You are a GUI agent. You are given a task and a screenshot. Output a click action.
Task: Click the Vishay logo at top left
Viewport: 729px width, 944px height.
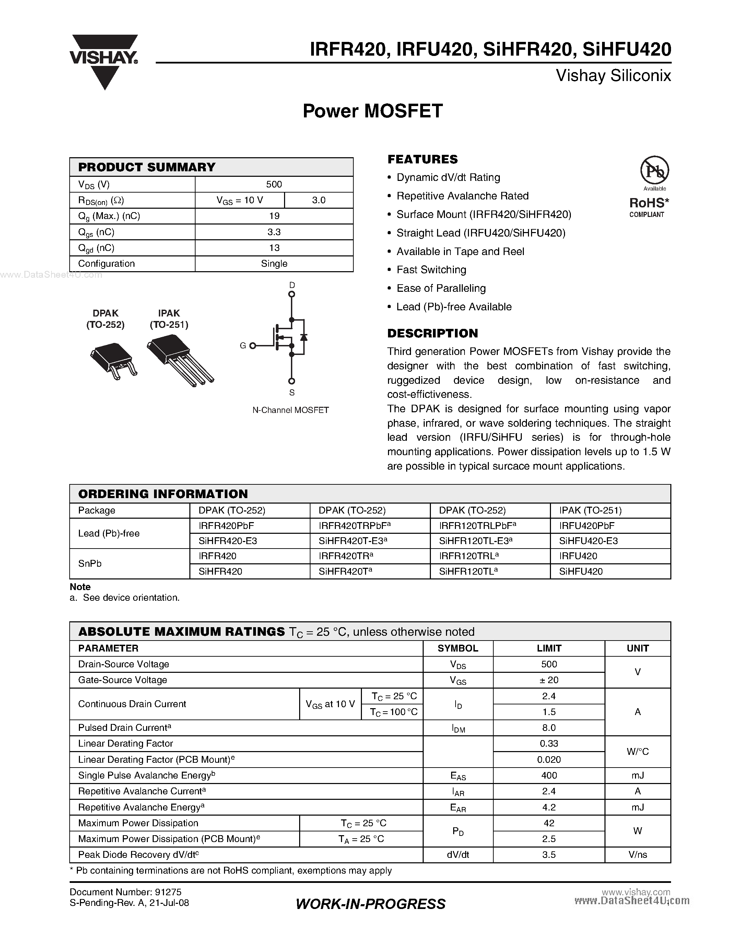(x=104, y=60)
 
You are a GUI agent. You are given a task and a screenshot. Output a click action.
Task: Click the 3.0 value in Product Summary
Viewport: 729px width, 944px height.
(x=319, y=200)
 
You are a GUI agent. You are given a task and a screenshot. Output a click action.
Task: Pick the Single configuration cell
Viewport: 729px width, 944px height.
(x=274, y=264)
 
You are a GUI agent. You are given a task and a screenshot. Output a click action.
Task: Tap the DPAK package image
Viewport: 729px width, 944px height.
(x=113, y=360)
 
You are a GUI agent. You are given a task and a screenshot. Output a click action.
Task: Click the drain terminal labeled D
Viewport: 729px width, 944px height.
(x=292, y=294)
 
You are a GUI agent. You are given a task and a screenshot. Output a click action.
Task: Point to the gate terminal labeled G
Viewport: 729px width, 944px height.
(x=252, y=345)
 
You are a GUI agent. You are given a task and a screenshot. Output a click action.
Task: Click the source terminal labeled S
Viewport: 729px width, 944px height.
(x=292, y=381)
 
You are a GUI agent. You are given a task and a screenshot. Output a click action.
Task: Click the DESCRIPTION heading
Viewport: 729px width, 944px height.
(x=432, y=333)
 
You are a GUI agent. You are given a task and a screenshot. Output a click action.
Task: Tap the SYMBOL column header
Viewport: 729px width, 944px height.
(x=458, y=648)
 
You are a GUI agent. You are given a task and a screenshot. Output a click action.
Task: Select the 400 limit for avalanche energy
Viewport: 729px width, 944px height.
(x=549, y=775)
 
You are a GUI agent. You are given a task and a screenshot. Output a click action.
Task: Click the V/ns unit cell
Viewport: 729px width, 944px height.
(x=637, y=854)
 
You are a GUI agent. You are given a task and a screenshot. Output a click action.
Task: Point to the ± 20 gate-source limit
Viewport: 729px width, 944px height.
(x=549, y=680)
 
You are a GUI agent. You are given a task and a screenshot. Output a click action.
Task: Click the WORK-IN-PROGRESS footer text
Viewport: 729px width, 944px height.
(x=371, y=904)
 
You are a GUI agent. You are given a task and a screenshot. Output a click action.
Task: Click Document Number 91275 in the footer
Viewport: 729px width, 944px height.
(x=125, y=892)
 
